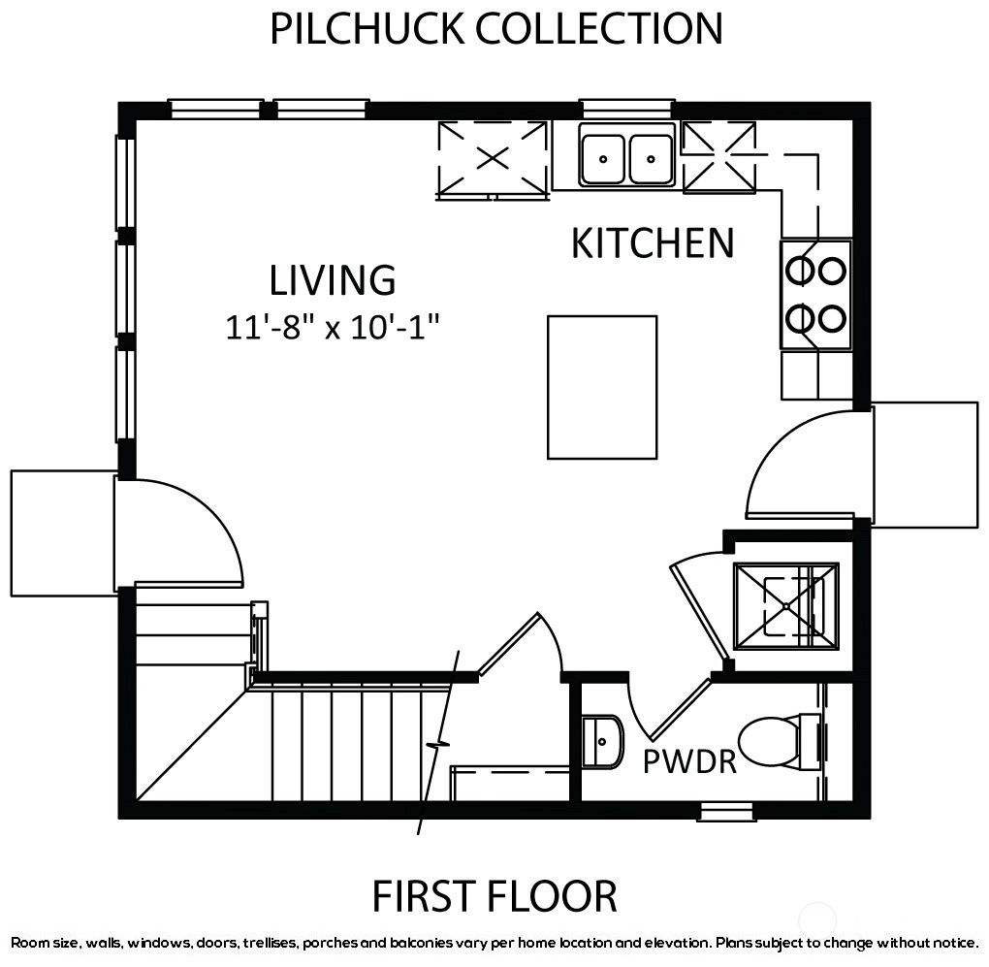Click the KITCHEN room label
point(653,242)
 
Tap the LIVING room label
point(333,279)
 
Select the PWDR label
point(689,761)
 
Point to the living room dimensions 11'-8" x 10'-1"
point(333,328)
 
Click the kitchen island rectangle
point(602,387)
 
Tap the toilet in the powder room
point(780,742)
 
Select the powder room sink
point(602,742)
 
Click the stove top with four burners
point(816,295)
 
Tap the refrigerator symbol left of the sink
point(493,160)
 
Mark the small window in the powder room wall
point(726,811)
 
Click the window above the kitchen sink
point(627,109)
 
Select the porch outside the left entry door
point(63,533)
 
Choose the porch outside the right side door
point(925,465)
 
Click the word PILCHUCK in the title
point(367,28)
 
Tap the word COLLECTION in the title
point(598,28)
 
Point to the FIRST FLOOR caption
point(494,896)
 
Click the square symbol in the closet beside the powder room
point(786,605)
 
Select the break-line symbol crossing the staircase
point(438,742)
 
